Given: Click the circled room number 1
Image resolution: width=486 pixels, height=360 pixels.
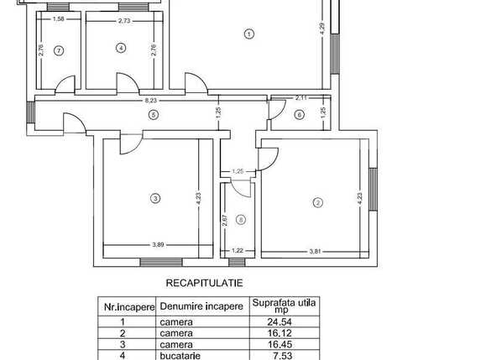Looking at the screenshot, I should [248, 34].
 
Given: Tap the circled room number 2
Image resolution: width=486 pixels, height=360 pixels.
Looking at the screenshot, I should [317, 202].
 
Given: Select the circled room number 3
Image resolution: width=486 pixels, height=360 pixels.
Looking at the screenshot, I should [154, 199].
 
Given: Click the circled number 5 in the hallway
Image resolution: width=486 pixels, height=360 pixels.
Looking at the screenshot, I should [152, 115].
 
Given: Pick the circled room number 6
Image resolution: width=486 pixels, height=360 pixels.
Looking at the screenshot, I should [299, 115].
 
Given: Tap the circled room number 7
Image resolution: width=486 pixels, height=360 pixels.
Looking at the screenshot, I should [58, 50].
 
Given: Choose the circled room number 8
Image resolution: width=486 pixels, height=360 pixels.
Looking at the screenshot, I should [241, 220].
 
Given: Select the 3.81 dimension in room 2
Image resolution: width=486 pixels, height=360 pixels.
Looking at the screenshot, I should [316, 251].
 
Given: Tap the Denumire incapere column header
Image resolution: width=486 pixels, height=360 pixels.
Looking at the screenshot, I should [201, 306].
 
